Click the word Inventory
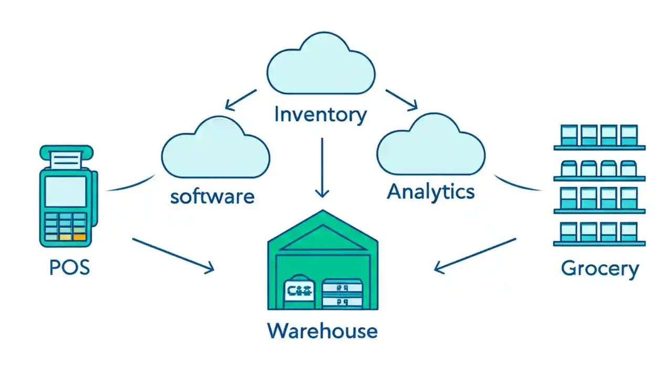pos(320,114)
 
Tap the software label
pos(212,197)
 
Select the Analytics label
pos(430,192)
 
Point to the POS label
pos(69,268)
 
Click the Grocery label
pos(600,268)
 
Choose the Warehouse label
pos(322,331)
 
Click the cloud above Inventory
pos(321,64)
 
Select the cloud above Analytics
pos(430,145)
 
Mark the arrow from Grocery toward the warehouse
pos(476,255)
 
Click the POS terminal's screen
pos(66,191)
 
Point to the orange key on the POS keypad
pos(79,237)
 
